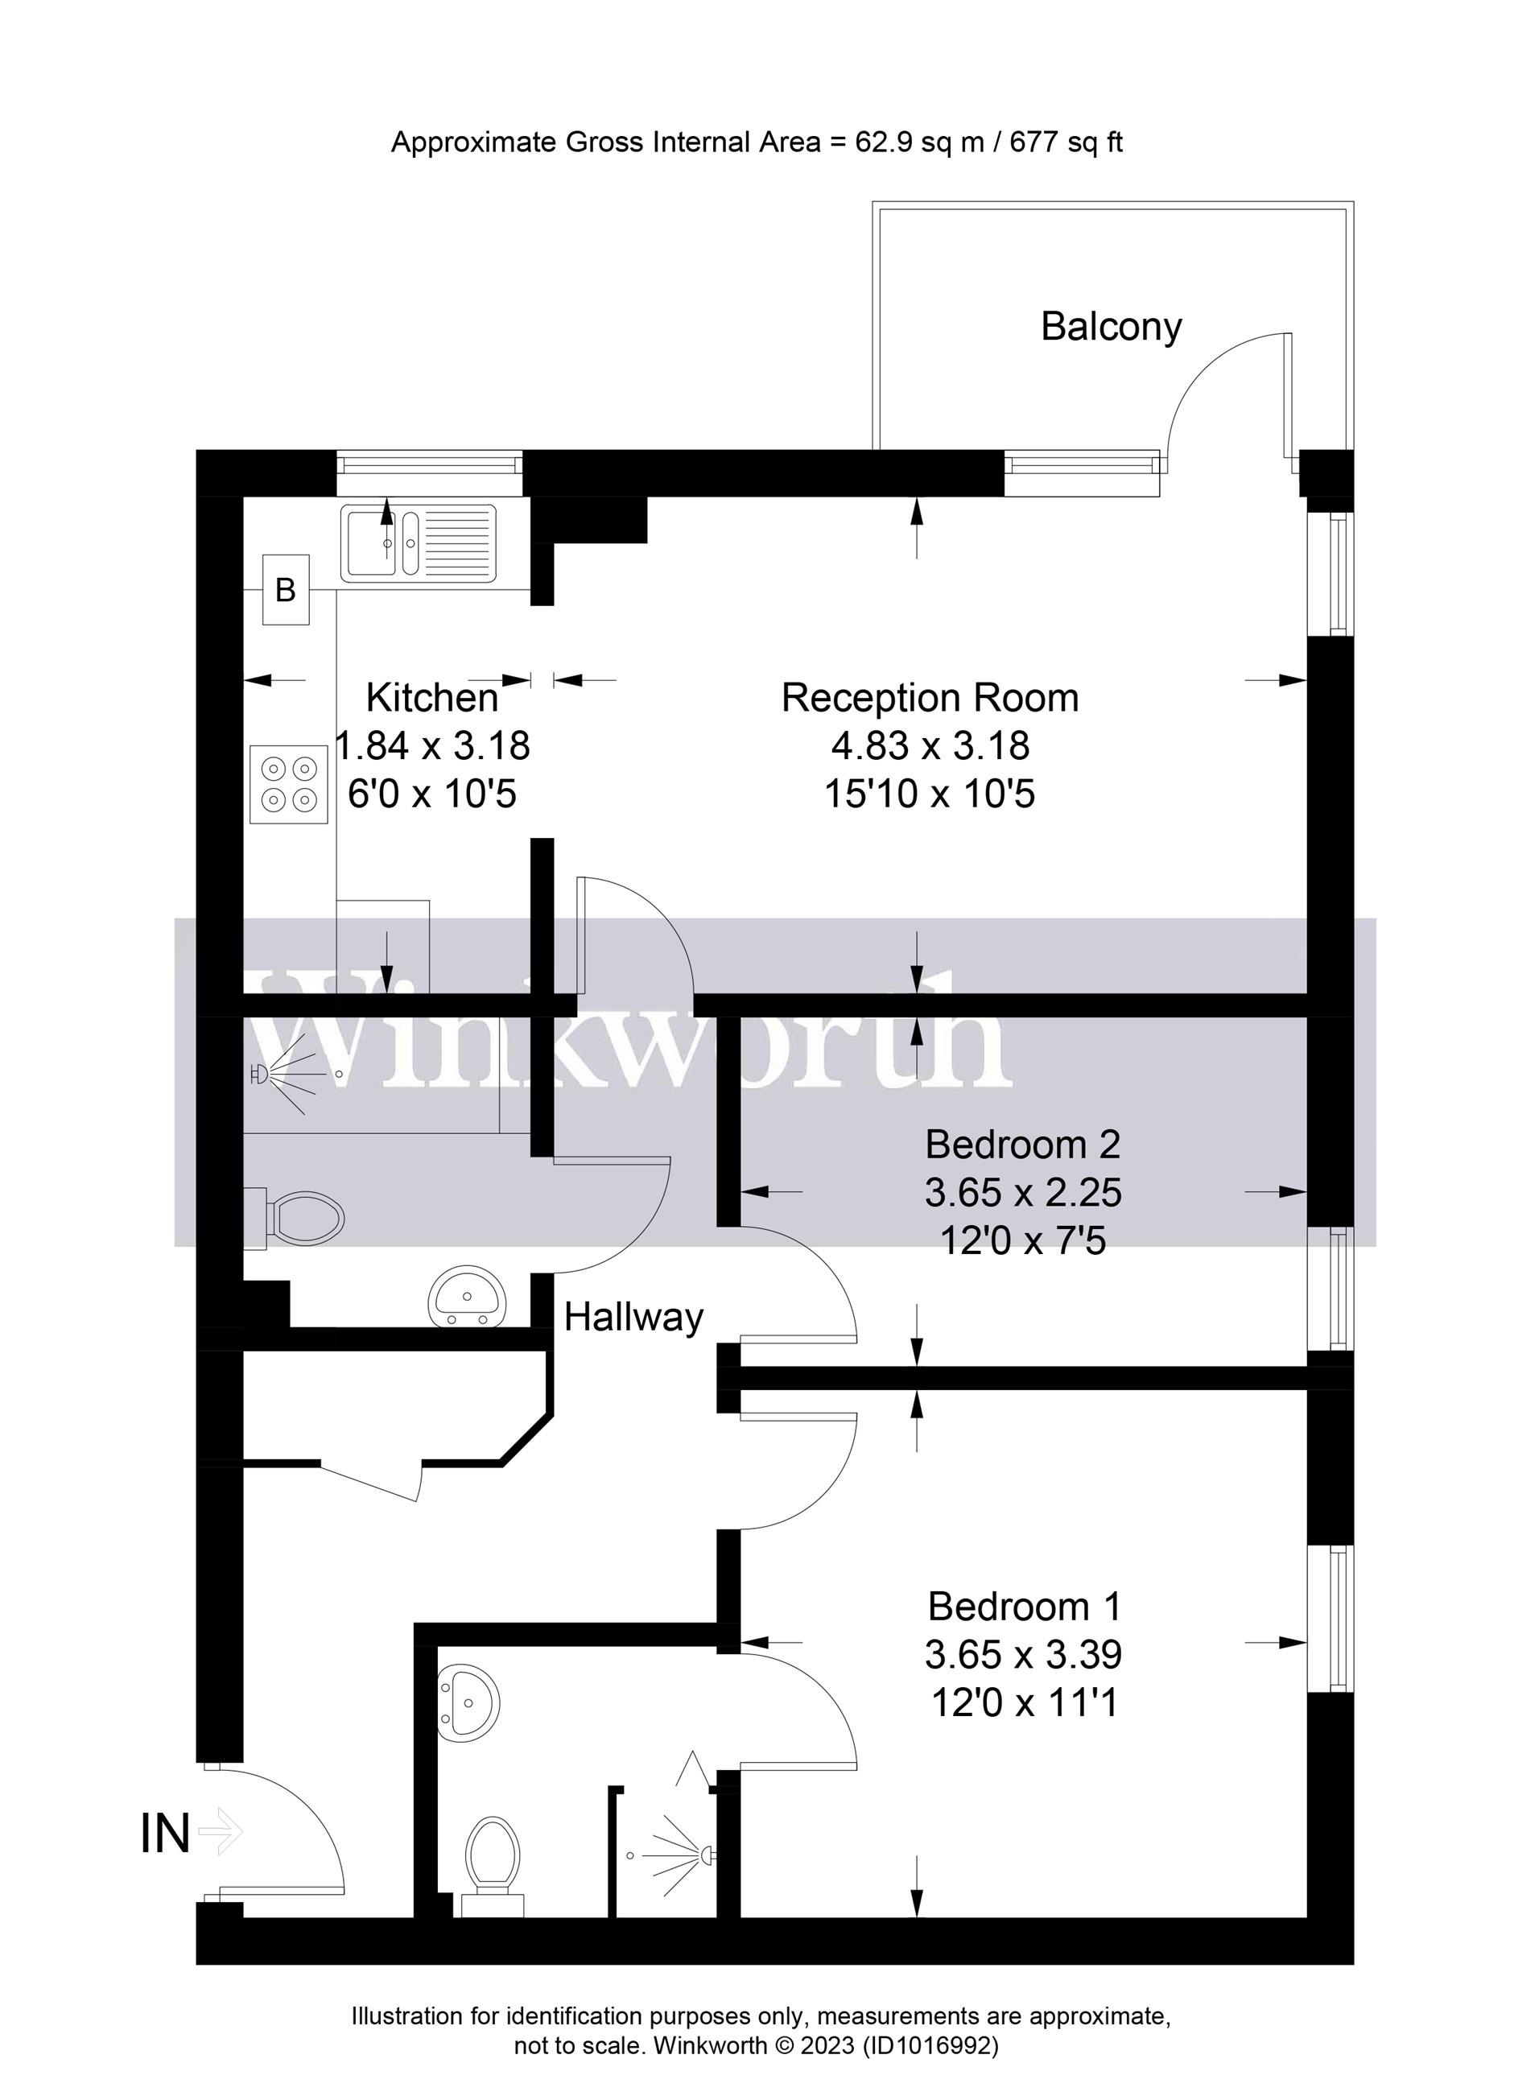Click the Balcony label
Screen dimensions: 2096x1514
(x=1110, y=326)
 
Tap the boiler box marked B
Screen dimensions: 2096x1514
(x=286, y=590)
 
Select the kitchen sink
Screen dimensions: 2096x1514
(x=418, y=543)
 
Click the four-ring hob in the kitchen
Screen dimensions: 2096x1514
(x=288, y=784)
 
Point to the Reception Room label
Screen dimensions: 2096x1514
(x=930, y=698)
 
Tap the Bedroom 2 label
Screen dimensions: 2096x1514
(x=1022, y=1145)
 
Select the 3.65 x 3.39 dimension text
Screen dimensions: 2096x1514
(x=1022, y=1654)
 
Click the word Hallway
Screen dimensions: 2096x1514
(x=633, y=1317)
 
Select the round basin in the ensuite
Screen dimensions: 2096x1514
(x=468, y=1702)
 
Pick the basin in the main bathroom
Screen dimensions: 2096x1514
(x=468, y=1296)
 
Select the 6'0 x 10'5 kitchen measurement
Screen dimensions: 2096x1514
(x=431, y=794)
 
